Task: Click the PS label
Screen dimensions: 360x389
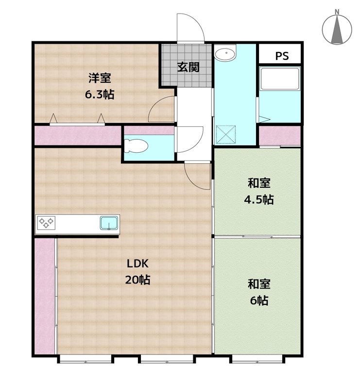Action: pyautogui.click(x=282, y=56)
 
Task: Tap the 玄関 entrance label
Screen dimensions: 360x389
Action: pyautogui.click(x=189, y=67)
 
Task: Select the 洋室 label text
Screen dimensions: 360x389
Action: pyautogui.click(x=100, y=78)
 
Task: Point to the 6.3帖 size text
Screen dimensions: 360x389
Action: pyautogui.click(x=100, y=94)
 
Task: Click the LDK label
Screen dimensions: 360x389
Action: pyautogui.click(x=137, y=264)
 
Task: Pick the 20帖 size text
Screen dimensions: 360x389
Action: pyautogui.click(x=137, y=280)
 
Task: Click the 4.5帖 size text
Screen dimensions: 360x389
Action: pyautogui.click(x=259, y=199)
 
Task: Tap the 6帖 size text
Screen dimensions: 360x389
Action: pyautogui.click(x=259, y=301)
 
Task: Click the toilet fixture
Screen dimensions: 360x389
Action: pyautogui.click(x=136, y=146)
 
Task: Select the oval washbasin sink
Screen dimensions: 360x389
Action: pyautogui.click(x=225, y=53)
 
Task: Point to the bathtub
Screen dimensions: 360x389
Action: pyautogui.click(x=280, y=79)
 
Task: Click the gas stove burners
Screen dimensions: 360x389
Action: pyautogui.click(x=46, y=223)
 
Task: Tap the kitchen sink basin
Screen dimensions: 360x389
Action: pyautogui.click(x=109, y=223)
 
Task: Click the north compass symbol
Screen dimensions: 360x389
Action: pyautogui.click(x=337, y=30)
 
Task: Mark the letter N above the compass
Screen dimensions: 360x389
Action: pyautogui.click(x=337, y=12)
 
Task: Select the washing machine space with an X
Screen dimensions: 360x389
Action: pyautogui.click(x=225, y=135)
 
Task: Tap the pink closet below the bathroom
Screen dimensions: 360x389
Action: pyautogui.click(x=280, y=136)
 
